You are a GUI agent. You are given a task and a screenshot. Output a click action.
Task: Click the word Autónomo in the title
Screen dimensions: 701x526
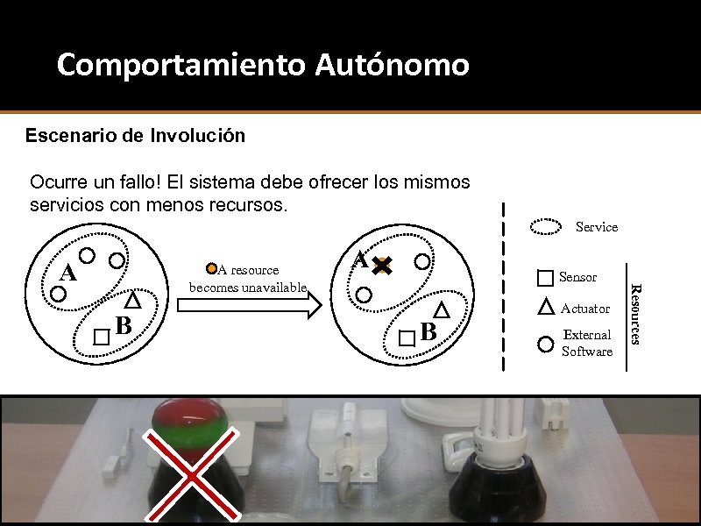(x=392, y=64)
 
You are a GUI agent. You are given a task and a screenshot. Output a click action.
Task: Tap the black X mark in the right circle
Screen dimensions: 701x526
(x=382, y=266)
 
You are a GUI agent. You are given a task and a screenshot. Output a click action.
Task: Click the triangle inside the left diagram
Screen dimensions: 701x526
(x=132, y=300)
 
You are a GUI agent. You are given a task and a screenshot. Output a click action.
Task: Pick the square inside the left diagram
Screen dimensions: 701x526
(x=102, y=337)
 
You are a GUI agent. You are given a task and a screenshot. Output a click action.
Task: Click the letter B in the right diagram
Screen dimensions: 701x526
(x=428, y=332)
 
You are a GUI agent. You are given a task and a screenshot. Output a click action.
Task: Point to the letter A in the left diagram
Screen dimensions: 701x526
(x=67, y=273)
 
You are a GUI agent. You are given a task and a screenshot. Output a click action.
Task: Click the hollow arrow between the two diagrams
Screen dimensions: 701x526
(x=250, y=305)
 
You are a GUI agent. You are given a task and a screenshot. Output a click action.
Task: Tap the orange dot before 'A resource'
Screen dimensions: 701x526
(x=211, y=268)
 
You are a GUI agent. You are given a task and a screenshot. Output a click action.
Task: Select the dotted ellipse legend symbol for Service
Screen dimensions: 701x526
(x=545, y=227)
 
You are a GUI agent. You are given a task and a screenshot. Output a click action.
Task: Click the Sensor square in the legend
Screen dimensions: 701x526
(x=545, y=278)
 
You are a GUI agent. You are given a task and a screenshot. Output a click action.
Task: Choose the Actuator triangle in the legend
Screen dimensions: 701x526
(x=546, y=308)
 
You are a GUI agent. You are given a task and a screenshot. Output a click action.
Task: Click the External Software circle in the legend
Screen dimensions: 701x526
(x=545, y=345)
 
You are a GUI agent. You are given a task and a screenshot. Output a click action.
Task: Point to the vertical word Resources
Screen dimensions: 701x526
(x=636, y=314)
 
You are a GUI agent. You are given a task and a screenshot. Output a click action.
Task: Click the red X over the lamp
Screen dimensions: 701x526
(x=191, y=475)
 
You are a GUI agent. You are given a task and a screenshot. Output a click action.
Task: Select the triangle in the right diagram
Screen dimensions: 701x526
(x=442, y=309)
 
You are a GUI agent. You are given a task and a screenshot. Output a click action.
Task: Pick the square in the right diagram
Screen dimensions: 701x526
(x=407, y=338)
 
